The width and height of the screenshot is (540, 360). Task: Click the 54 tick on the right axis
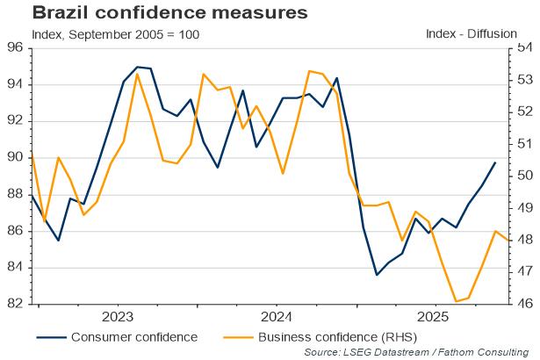(525, 47)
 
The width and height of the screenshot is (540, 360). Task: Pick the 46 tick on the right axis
(525, 304)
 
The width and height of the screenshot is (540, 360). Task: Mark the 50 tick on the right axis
(525, 176)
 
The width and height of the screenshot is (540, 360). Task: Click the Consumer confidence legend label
(133, 336)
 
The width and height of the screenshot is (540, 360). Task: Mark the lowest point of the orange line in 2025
(456, 301)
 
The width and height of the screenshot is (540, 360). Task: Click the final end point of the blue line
(495, 162)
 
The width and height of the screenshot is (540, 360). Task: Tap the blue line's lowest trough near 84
(377, 275)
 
